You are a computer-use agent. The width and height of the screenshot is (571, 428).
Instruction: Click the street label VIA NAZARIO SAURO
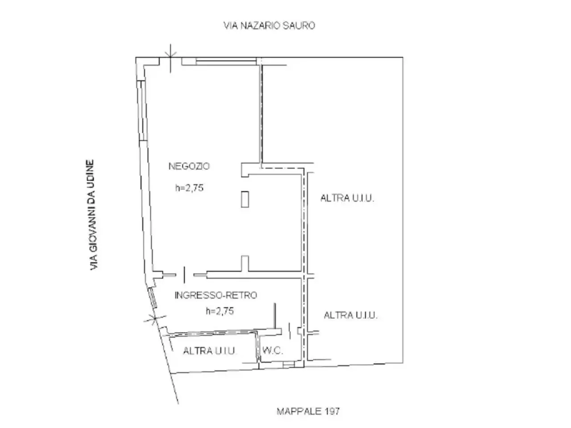coord(269,25)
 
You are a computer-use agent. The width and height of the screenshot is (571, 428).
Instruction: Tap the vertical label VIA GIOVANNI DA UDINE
coord(91,214)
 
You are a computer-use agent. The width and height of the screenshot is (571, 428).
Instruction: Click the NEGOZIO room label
coord(189,166)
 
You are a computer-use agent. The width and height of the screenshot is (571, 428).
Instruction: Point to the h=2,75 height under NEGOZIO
coord(189,188)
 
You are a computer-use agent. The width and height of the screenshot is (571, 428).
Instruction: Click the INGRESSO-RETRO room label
coord(216,295)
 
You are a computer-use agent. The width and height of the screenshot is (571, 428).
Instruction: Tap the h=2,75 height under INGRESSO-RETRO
coord(220,311)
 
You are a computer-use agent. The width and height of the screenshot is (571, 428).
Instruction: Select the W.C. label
coord(273,350)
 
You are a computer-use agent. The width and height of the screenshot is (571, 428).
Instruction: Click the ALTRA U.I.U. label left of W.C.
coord(210,351)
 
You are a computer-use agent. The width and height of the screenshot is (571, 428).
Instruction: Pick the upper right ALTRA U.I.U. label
coord(347,198)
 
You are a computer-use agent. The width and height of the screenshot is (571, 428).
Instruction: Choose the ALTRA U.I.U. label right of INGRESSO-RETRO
coord(351,315)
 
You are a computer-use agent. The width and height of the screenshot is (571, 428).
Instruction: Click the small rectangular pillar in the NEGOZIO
coord(245,199)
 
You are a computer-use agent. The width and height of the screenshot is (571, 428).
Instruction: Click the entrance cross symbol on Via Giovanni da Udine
coord(155,319)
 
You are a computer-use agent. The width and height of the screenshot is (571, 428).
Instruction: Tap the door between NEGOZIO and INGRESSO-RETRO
coord(184,275)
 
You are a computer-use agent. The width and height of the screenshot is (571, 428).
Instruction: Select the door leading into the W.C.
coord(290,331)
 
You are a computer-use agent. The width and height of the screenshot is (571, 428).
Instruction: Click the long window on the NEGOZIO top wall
coord(226,62)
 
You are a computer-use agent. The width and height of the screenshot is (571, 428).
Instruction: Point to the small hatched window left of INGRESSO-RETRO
coord(153,297)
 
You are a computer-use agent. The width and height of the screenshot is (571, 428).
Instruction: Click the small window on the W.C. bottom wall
coord(289,364)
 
